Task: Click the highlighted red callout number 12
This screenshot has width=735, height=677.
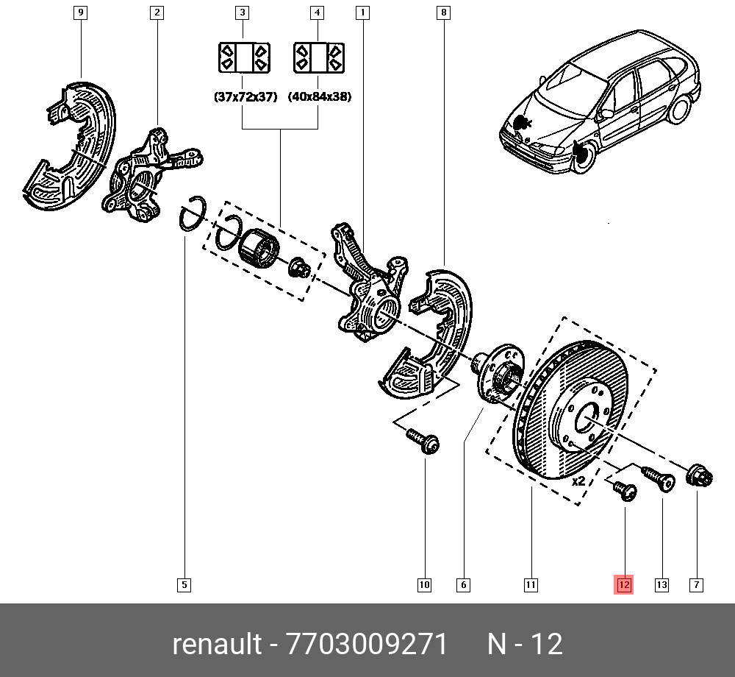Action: tap(623, 585)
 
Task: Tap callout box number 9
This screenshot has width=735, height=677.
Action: tap(81, 13)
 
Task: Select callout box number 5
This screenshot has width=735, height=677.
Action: tap(184, 585)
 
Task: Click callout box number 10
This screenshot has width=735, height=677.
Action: tap(424, 585)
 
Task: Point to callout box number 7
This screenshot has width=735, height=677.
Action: tap(695, 585)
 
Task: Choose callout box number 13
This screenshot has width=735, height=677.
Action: tap(661, 585)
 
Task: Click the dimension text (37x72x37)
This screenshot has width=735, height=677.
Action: tap(245, 96)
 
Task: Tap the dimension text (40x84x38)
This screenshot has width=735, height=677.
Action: tap(319, 96)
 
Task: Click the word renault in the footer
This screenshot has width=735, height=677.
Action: tap(217, 645)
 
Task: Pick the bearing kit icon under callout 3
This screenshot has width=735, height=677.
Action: tap(244, 57)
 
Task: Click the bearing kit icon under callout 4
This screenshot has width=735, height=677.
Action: tap(319, 57)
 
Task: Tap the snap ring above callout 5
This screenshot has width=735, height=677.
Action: tap(193, 214)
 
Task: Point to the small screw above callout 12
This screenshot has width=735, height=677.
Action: tap(624, 491)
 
